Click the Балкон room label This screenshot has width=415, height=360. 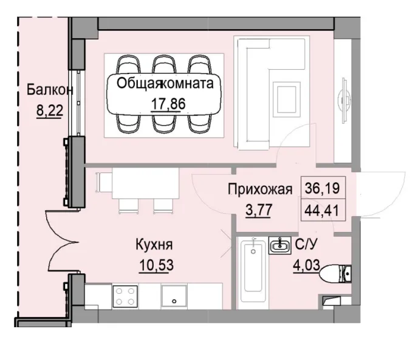pos(50,91)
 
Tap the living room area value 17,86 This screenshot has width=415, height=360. pos(167,103)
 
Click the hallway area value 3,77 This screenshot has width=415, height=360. pos(256,211)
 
